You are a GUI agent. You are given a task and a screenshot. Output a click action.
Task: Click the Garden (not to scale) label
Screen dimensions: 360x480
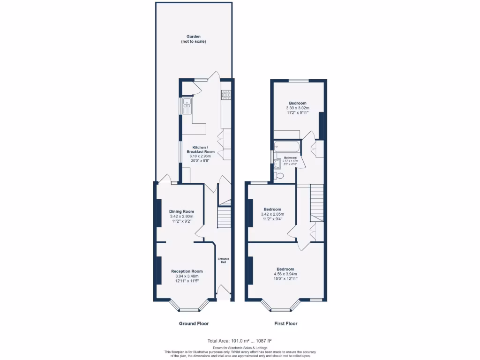point(193,39)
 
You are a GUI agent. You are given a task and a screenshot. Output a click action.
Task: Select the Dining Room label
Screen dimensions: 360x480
point(181,211)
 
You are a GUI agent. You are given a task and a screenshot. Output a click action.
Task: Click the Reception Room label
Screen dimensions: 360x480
point(187,271)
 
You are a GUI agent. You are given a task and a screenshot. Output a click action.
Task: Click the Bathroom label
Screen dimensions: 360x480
point(287,157)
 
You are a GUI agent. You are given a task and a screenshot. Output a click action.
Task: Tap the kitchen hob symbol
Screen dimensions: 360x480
point(226,95)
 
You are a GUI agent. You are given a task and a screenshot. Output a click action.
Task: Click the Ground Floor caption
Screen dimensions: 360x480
point(194,323)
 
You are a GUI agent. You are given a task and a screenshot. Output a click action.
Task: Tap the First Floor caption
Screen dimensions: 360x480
point(285,323)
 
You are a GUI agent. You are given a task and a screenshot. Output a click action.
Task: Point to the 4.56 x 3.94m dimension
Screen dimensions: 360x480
point(285,274)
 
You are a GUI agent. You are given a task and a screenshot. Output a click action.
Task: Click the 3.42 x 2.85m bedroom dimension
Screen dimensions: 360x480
point(272,214)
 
